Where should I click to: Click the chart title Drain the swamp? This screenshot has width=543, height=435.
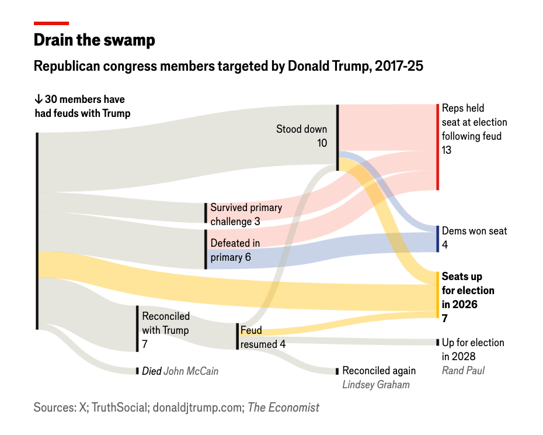[94, 40]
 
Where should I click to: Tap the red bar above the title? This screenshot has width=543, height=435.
[51, 23]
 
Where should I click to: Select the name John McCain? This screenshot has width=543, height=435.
[191, 371]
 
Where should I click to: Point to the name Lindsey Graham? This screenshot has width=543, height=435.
[375, 384]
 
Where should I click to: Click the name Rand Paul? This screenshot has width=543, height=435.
[463, 370]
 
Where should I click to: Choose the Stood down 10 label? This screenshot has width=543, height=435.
[302, 136]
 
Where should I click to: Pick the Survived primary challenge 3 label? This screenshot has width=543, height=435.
[246, 215]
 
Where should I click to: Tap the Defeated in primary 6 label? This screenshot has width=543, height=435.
[235, 250]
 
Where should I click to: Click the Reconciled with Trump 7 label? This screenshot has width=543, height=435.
[166, 330]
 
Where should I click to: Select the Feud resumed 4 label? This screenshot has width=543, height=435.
[263, 337]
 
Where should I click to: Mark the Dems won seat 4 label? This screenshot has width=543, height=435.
[474, 237]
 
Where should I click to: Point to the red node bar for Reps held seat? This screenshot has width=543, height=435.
[437, 147]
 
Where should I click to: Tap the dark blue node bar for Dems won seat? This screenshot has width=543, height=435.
[437, 239]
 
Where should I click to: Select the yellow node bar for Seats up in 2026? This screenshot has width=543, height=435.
[437, 294]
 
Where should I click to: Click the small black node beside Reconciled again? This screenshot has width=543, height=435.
[337, 371]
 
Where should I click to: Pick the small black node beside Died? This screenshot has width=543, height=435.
[137, 371]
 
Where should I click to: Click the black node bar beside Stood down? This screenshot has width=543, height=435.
[337, 137]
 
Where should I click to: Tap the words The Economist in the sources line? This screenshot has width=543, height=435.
[283, 408]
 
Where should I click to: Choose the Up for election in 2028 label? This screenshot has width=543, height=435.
[472, 349]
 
